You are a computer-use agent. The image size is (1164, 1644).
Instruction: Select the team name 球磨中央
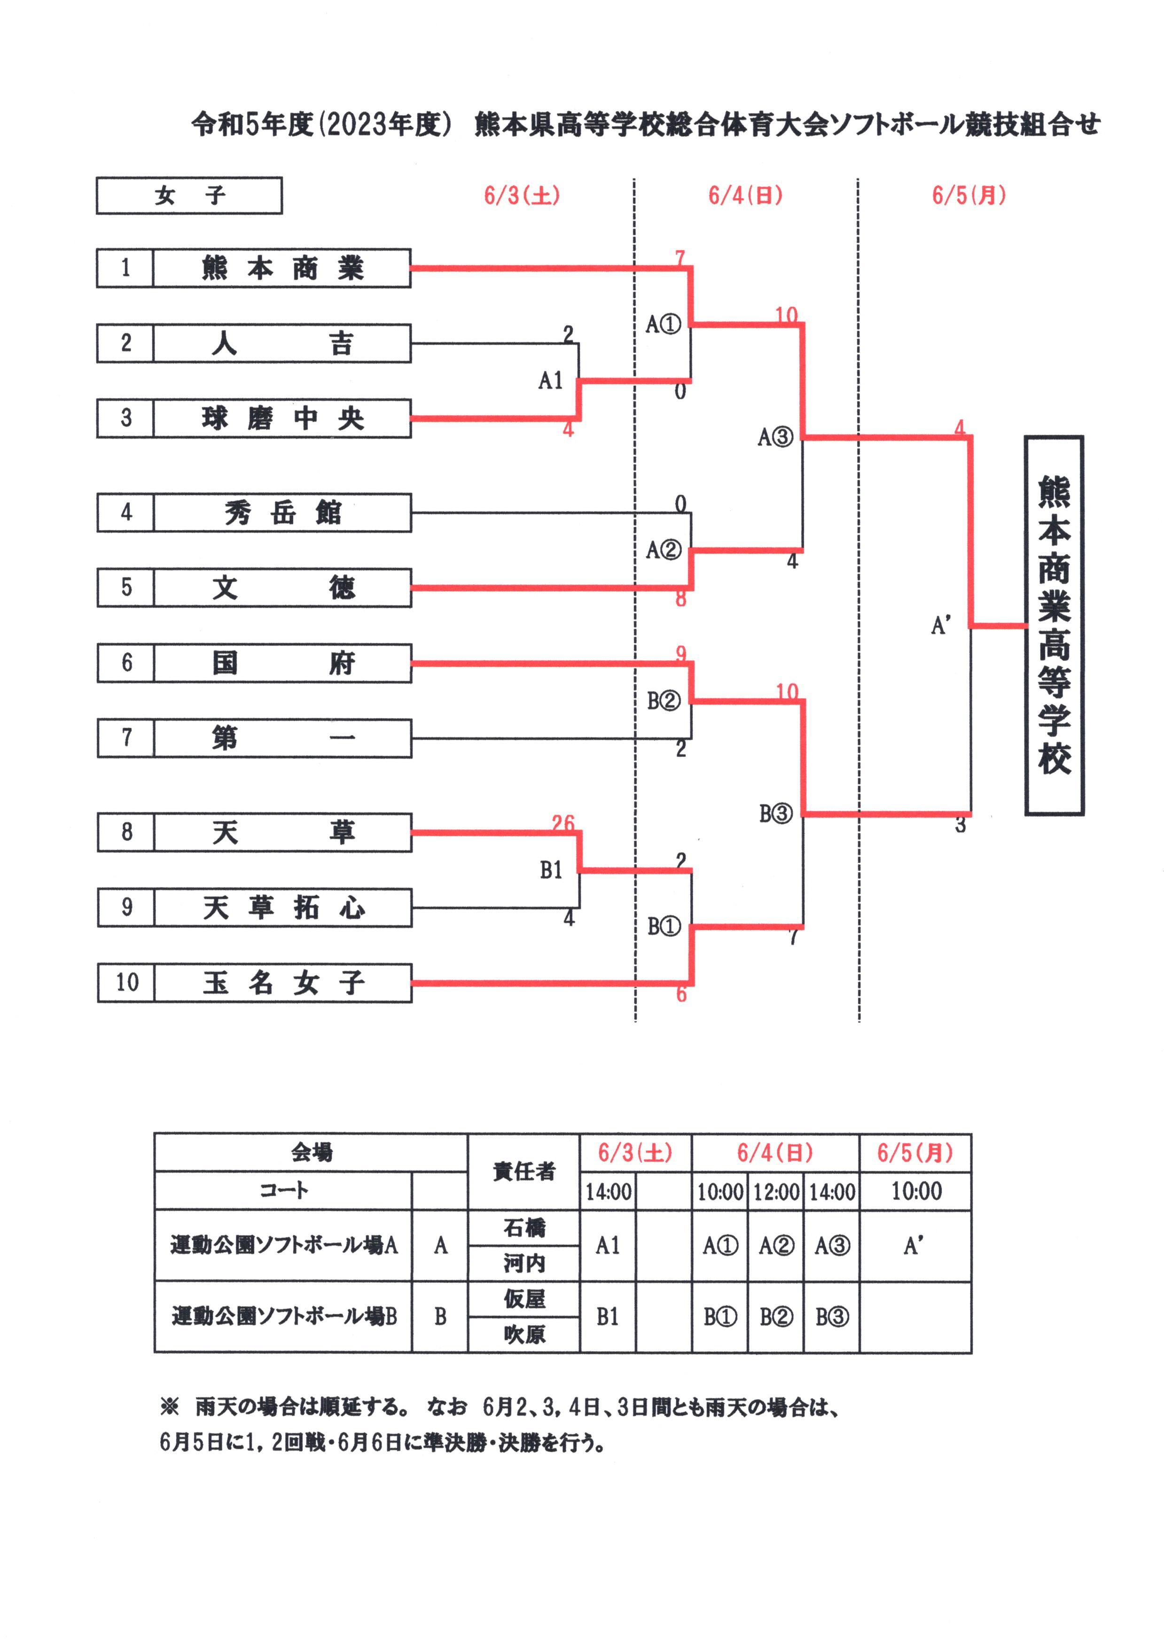282,419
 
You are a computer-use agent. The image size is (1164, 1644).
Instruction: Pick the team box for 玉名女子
282,982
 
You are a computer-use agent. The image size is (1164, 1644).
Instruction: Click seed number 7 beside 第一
126,738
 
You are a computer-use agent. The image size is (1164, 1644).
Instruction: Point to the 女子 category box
189,195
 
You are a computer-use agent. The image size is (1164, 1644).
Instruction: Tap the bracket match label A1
550,380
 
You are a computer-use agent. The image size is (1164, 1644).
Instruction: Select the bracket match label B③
775,814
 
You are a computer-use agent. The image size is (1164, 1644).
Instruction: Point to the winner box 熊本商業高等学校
1053,625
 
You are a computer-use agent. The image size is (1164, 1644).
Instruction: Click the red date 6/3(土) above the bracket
522,195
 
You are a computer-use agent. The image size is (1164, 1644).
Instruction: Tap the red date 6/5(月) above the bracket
969,195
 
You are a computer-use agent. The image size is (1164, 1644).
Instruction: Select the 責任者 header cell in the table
524,1171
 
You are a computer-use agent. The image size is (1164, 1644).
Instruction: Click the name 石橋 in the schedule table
524,1228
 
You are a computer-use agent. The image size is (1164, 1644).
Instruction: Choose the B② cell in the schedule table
775,1316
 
